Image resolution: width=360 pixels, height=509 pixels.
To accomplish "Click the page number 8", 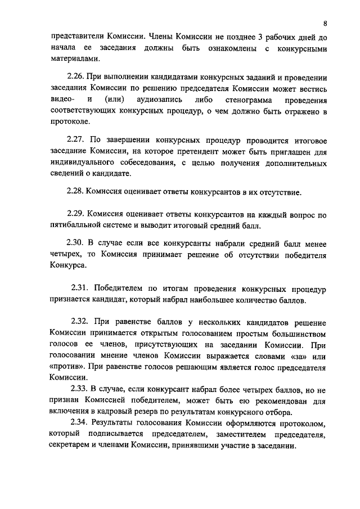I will pyautogui.click(x=325, y=23).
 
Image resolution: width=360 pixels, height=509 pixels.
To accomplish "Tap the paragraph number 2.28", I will pyautogui.click(x=75, y=192).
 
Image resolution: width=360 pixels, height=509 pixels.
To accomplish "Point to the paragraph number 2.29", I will pyautogui.click(x=76, y=215).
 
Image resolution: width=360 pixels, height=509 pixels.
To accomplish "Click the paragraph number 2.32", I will pyautogui.click(x=80, y=321).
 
